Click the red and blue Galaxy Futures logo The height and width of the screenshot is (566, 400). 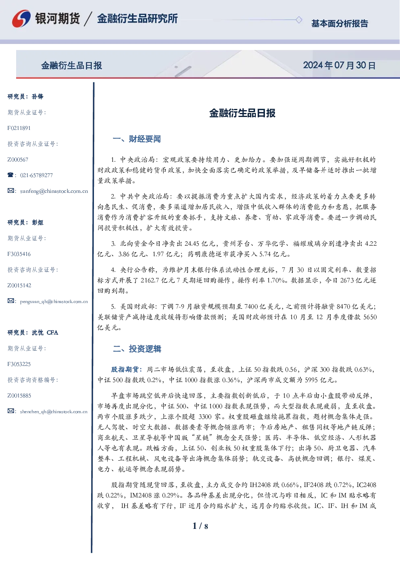pos(21,19)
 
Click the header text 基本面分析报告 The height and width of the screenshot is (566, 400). pos(340,23)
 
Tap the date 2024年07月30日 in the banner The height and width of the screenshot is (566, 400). pos(339,65)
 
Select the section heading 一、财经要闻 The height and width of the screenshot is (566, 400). pos(137,139)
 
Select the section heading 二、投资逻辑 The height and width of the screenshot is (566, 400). pos(137,349)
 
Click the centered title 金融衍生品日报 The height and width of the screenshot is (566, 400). pos(242,113)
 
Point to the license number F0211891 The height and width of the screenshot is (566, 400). pos(19,128)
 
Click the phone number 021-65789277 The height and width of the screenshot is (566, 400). pos(36,175)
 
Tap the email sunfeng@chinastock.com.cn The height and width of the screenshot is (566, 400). pos(54,191)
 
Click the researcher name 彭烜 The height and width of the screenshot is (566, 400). pos(37,222)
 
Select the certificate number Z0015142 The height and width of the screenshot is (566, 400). pos(19,286)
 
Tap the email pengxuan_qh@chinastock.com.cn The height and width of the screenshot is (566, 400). pos(54,301)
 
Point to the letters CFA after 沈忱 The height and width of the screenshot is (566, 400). pos(52,332)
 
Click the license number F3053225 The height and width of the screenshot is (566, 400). pos(19,364)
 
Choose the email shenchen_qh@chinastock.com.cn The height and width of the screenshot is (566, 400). pos(54,411)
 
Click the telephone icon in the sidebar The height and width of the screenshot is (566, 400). pos(10,175)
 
